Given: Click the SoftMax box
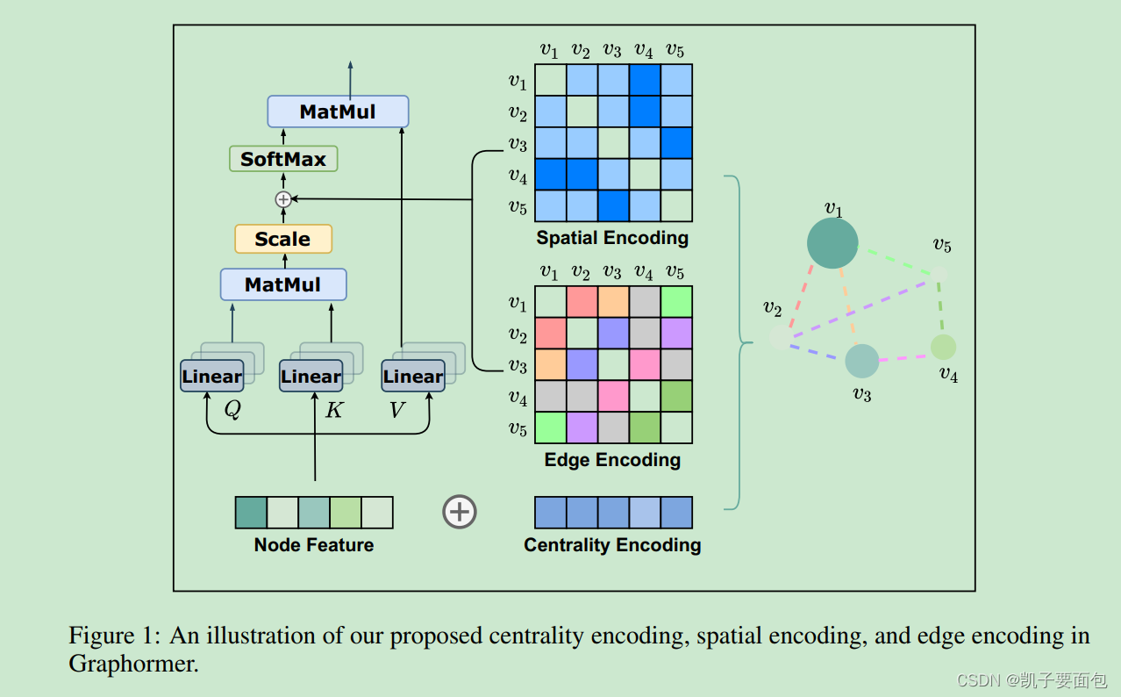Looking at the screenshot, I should coord(282,159).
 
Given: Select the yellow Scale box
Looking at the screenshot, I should coord(282,239).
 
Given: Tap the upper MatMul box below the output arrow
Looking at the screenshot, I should coord(338,111).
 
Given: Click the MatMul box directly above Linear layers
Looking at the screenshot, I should coord(282,284).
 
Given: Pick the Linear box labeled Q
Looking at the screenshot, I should coord(211,377).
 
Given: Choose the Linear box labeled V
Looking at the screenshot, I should coord(412,377).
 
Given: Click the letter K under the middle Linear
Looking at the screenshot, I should coord(334,410).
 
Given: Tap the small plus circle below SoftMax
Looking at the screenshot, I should coord(282,199).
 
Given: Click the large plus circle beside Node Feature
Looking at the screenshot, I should coord(460,512).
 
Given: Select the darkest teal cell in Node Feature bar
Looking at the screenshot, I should coord(251,513).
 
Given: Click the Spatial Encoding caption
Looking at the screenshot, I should coord(612,238).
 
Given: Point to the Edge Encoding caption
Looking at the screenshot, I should coord(612,460).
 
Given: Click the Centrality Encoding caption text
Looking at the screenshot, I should coord(612,545).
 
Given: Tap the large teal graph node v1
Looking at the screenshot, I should coord(832,243).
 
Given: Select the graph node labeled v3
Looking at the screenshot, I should coord(861,361).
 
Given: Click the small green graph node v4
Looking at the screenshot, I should coord(943,347).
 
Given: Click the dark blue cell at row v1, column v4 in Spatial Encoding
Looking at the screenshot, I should coord(645,80).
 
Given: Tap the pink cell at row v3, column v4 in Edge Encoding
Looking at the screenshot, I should coord(645,365).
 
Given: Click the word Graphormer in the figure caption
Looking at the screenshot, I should coord(133,664).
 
